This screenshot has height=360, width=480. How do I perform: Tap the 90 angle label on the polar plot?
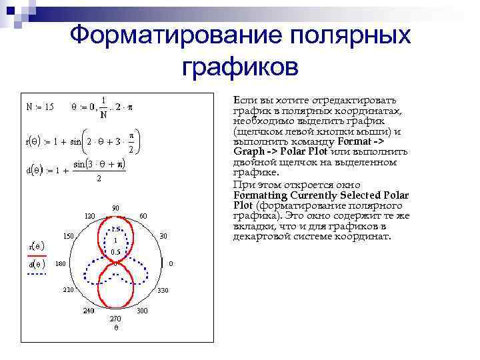point(115,208)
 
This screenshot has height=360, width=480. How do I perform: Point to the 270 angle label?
point(115,319)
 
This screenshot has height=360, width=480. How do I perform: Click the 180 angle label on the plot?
point(61,264)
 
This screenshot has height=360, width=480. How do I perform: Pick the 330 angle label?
point(163,291)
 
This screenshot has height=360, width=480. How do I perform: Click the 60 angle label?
point(143,216)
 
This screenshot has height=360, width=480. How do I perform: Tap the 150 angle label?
point(69,236)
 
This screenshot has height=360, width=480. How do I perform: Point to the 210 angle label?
point(68,291)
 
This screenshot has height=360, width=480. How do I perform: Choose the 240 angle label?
point(88,311)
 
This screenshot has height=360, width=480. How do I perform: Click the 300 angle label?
point(142,311)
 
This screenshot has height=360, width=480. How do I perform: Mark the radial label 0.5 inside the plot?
point(115,252)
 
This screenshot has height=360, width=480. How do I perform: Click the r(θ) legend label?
point(35,246)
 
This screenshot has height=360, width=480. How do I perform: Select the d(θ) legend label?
point(35,265)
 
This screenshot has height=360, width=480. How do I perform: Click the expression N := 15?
point(40,107)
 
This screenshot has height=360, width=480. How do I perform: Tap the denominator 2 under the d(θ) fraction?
point(99,179)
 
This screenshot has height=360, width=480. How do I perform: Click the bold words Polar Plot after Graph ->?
point(273,151)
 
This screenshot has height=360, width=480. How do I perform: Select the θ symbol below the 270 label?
point(115,328)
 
